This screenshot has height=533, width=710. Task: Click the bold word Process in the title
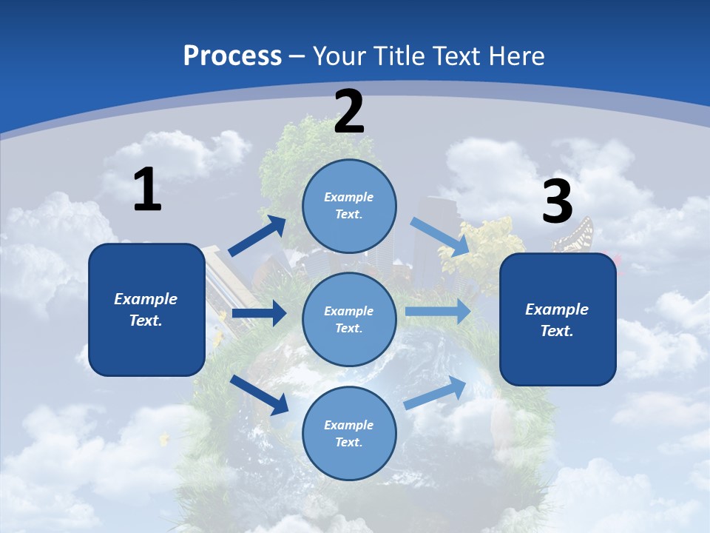pyautogui.click(x=232, y=56)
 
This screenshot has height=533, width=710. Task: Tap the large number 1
pyautogui.click(x=147, y=190)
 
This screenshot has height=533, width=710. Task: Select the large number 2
pyautogui.click(x=349, y=113)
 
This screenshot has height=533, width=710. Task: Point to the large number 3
pyautogui.click(x=557, y=202)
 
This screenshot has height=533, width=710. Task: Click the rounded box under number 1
pyautogui.click(x=146, y=309)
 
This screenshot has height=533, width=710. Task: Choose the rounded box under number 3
pyautogui.click(x=558, y=319)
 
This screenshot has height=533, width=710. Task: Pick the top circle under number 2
pyautogui.click(x=349, y=206)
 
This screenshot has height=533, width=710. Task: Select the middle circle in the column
pyautogui.click(x=349, y=319)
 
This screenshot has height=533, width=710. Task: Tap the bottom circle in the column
pyautogui.click(x=349, y=433)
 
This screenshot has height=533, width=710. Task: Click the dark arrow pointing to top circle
pyautogui.click(x=257, y=236)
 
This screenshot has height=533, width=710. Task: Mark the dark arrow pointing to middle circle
pyautogui.click(x=259, y=313)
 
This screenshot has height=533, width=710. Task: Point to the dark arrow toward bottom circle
pyautogui.click(x=260, y=395)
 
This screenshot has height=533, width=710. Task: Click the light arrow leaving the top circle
pyautogui.click(x=441, y=236)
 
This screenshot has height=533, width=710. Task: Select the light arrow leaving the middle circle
pyautogui.click(x=438, y=311)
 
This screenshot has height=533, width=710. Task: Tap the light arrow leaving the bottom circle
pyautogui.click(x=436, y=393)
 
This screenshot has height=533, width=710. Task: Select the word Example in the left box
pyautogui.click(x=146, y=299)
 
